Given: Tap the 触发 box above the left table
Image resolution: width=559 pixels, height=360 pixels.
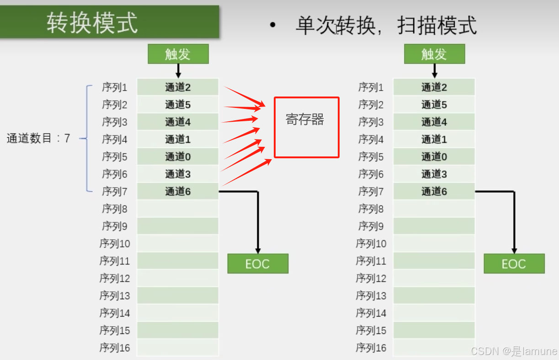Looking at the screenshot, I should [178, 54].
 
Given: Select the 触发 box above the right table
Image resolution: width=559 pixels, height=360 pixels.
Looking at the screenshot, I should [434, 54].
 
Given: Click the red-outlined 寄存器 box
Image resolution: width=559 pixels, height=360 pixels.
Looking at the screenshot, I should [306, 127].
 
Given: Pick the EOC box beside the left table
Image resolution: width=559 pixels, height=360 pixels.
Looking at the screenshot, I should [258, 264].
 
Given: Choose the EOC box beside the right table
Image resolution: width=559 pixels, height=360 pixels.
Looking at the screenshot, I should [514, 264].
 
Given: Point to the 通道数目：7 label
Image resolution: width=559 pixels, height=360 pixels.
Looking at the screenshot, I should [38, 139].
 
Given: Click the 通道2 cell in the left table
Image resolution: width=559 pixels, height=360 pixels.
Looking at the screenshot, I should [178, 87].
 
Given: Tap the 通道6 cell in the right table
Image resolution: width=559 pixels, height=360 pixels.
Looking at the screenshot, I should [434, 192].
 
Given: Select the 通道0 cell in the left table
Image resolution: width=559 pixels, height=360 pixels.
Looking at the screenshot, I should [178, 157].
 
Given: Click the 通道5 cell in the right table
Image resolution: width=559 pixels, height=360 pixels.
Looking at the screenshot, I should [434, 105].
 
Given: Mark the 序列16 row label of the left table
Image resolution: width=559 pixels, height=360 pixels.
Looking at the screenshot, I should [115, 348].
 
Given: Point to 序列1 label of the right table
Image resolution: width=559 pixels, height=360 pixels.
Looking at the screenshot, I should [371, 87].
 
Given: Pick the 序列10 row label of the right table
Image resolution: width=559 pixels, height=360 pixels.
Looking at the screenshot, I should [371, 244].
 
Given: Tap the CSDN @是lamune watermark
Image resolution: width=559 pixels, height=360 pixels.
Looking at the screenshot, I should [514, 351].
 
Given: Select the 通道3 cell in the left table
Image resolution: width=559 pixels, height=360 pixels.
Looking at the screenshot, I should [178, 174].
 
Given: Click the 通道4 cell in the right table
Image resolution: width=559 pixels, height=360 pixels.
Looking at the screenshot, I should [434, 122].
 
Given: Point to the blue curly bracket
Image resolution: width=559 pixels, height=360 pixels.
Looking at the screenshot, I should [87, 139].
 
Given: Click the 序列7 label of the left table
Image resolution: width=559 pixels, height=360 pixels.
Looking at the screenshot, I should [115, 192].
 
